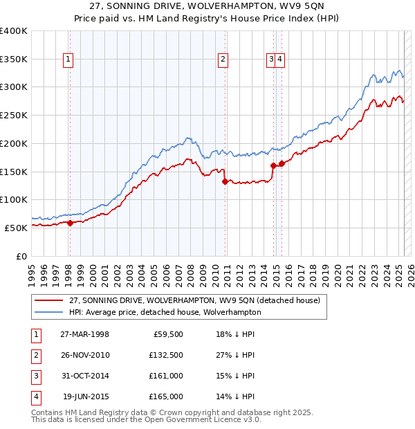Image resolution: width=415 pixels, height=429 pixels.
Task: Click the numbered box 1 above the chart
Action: (69, 60)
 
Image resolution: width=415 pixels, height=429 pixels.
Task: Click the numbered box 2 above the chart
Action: (223, 60)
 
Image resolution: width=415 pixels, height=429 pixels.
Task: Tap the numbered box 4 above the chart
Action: (279, 60)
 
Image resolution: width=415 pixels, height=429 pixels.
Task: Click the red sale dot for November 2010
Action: (225, 181)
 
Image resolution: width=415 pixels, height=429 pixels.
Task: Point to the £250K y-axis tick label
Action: (14, 115)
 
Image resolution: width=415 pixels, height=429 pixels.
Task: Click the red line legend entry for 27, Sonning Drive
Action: (194, 301)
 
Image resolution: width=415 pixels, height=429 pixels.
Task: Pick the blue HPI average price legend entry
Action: (165, 312)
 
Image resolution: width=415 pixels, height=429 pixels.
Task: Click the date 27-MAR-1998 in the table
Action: (85, 334)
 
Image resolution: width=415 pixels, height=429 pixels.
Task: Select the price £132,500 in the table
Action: (166, 355)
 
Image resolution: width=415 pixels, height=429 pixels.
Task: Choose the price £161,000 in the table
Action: (166, 376)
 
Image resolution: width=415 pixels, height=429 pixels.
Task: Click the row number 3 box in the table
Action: (35, 376)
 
